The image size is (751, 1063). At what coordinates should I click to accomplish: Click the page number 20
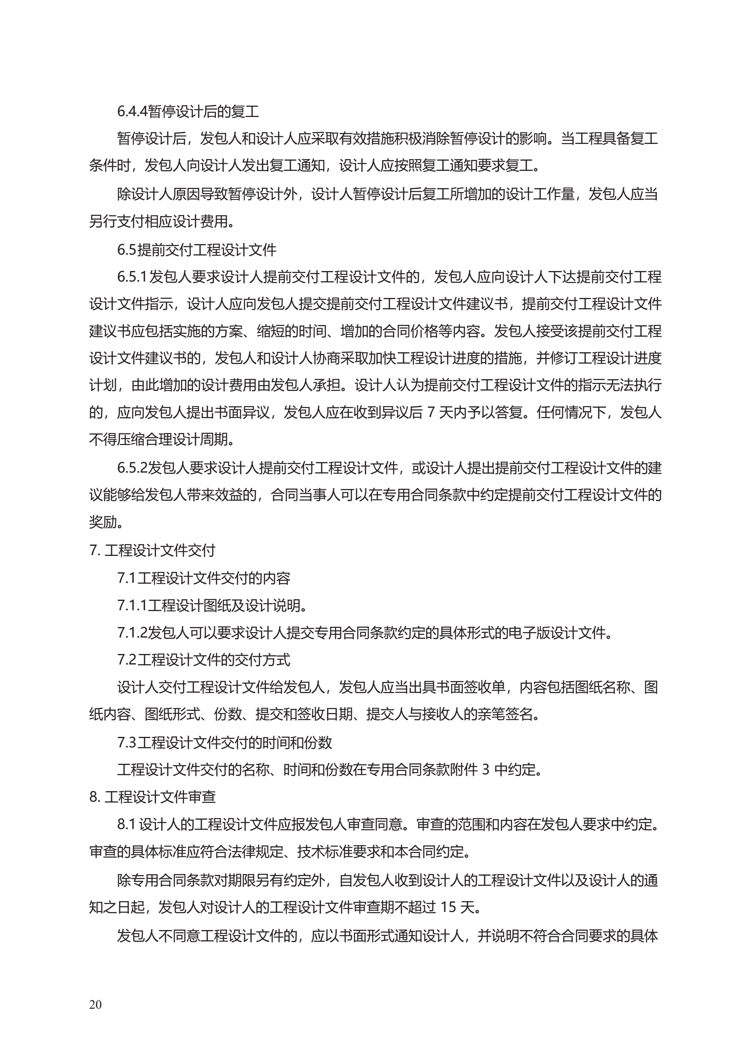(x=96, y=1004)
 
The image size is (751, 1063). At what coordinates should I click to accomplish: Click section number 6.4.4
(x=132, y=112)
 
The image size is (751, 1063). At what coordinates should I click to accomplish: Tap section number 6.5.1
(x=132, y=277)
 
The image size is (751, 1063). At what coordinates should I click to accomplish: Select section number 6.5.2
(x=132, y=468)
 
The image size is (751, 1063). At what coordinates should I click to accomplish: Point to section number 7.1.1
(x=132, y=606)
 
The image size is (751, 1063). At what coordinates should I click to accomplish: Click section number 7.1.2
(x=132, y=633)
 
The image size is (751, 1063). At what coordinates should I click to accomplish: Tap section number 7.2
(x=126, y=660)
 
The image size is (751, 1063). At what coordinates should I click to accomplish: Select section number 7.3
(x=126, y=743)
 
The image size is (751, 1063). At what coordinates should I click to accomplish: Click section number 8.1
(x=126, y=824)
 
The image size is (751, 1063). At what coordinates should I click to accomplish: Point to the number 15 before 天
(x=448, y=907)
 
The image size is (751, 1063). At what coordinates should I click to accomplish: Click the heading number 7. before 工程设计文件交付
(x=95, y=550)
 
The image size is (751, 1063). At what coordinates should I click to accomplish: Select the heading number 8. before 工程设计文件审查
(x=95, y=797)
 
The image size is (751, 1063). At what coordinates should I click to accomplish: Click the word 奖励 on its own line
(x=103, y=523)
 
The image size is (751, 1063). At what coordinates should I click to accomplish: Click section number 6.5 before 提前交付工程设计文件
(x=126, y=250)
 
